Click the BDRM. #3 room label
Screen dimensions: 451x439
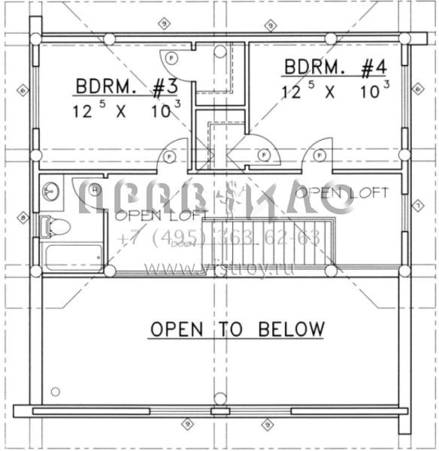pyautogui.click(x=126, y=87)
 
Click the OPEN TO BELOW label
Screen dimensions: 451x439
pyautogui.click(x=237, y=329)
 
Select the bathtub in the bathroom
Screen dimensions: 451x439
pyautogui.click(x=73, y=256)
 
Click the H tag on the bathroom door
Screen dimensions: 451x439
pyautogui.click(x=95, y=191)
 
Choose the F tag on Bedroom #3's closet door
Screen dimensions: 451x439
pyautogui.click(x=172, y=57)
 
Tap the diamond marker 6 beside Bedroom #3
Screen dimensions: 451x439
pyautogui.click(x=23, y=91)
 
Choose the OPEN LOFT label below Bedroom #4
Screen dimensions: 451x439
pyautogui.click(x=342, y=193)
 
